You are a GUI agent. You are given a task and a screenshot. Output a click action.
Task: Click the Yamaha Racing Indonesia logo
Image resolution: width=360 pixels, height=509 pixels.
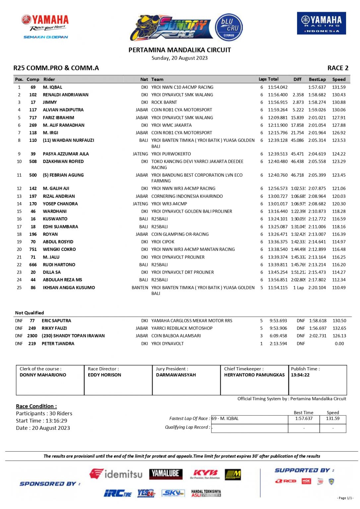321,23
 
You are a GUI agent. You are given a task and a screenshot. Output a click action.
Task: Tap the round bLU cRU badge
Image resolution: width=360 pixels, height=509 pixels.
229,27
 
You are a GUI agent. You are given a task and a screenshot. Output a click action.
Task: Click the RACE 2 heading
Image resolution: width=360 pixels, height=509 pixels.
337,68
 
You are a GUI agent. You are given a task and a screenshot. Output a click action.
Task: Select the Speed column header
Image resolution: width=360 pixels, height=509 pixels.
339,80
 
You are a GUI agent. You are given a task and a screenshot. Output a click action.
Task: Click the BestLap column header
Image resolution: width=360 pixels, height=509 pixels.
317,80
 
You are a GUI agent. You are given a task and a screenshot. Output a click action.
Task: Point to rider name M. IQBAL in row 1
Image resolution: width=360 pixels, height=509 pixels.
52,87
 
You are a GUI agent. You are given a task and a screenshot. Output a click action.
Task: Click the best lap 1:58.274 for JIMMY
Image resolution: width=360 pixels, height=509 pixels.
317,102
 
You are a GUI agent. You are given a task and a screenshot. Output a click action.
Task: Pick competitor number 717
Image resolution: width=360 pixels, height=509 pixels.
33,118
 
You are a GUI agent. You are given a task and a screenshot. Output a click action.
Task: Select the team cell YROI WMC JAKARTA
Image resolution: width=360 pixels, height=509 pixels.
171,125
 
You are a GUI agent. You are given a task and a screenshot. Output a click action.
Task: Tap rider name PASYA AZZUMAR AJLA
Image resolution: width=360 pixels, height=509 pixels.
66,154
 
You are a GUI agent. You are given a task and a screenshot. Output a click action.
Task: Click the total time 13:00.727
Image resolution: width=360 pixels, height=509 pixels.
278,196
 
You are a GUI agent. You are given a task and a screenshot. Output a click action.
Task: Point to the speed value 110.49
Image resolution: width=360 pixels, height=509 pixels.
339,288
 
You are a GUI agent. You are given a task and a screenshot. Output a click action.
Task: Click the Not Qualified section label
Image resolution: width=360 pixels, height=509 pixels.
30,313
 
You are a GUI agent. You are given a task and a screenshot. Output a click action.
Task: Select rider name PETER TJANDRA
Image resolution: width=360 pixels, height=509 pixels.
58,344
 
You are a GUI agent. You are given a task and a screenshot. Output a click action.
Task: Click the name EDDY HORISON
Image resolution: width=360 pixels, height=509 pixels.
104,375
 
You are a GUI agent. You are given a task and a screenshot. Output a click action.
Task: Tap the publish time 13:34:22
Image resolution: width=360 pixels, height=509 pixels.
300,375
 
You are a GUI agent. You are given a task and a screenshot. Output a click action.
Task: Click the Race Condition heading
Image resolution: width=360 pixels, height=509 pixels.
36,406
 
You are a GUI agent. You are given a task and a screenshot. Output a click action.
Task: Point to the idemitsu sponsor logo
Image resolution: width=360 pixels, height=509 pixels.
116,474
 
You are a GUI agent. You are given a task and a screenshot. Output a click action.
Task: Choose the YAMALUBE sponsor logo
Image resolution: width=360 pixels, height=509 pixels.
165,473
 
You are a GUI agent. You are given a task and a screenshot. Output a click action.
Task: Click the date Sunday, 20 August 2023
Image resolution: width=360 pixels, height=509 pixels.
179,58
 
